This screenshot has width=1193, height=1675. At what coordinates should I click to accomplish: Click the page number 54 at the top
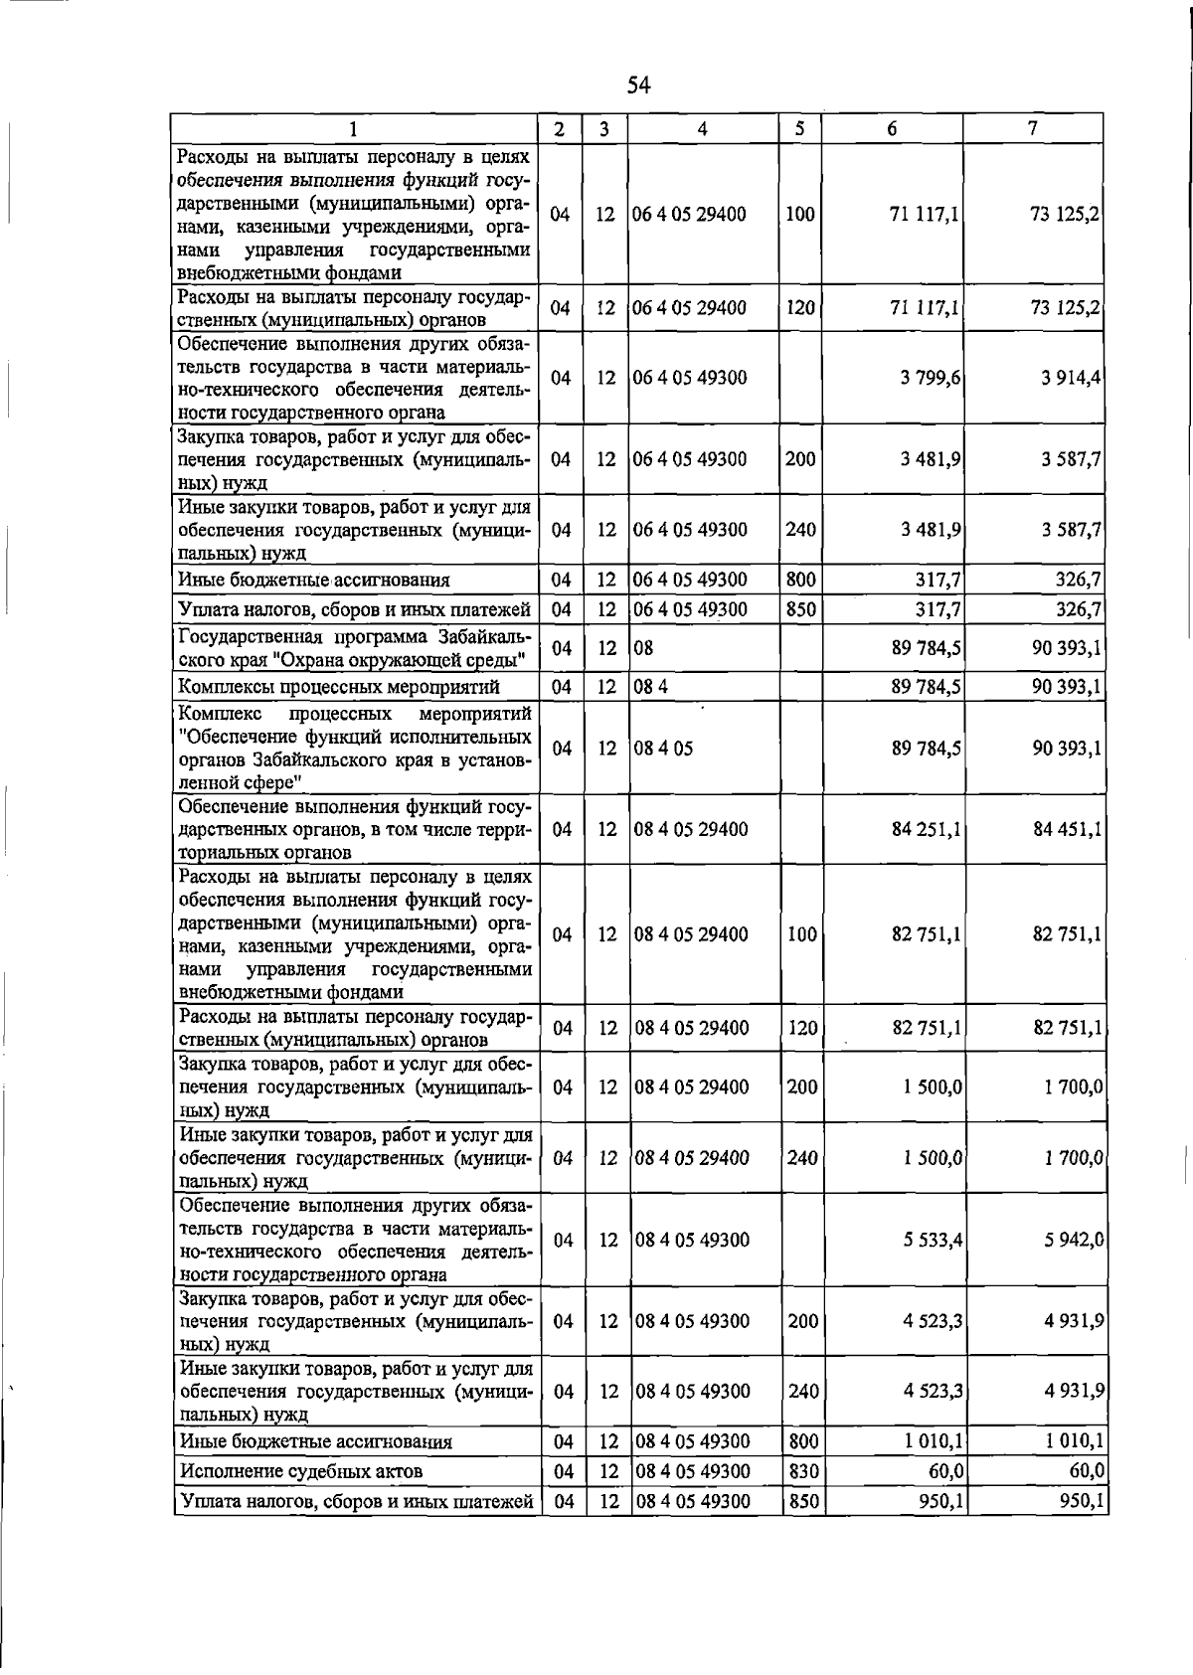638,86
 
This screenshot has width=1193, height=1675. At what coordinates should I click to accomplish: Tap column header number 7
1033,128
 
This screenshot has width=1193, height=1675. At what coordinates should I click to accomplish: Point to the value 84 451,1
1067,829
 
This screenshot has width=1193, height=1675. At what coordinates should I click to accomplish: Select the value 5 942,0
1073,1240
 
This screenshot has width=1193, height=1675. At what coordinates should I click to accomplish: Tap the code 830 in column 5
802,1471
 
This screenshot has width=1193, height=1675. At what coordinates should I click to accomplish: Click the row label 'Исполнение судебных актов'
300,1471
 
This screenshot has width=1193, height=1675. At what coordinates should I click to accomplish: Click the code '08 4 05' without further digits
663,749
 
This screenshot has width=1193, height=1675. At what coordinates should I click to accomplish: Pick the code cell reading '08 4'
650,687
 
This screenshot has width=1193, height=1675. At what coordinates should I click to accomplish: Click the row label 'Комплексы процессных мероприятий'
338,687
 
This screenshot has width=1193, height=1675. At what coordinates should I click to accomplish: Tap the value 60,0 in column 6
944,1471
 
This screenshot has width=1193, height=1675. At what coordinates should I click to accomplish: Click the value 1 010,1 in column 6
934,1441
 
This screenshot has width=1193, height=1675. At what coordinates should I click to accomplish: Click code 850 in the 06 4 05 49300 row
800,609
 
